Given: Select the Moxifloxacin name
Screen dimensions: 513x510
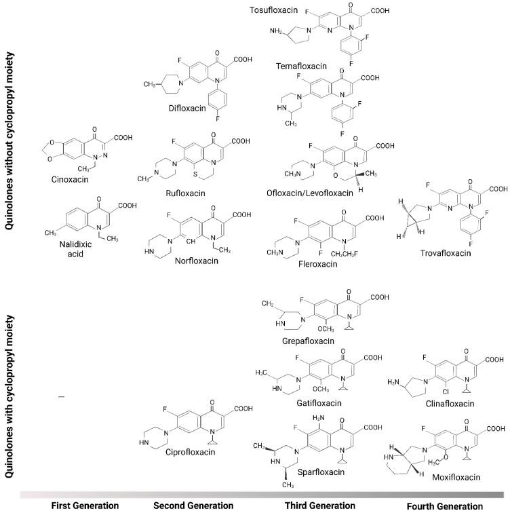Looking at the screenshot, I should click(457, 478).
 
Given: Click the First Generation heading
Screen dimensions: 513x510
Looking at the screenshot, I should click(82, 506).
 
